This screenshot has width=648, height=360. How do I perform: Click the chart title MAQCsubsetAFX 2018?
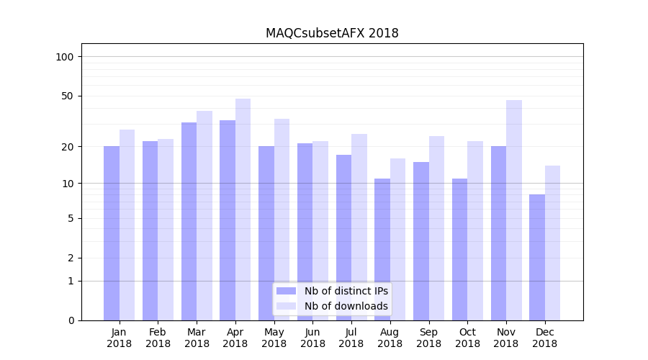click(x=332, y=33)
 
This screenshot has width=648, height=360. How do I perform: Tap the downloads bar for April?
click(x=243, y=209)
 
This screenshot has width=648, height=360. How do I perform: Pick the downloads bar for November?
click(x=513, y=210)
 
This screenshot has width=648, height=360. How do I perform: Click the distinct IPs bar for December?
click(x=537, y=257)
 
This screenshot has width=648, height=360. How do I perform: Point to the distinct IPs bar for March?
click(x=189, y=221)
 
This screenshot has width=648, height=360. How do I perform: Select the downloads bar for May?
click(x=282, y=219)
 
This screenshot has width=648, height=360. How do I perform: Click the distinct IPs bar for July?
click(x=343, y=237)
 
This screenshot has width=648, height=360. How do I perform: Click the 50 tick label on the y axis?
click(x=68, y=96)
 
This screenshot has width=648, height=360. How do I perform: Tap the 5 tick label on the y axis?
click(x=71, y=218)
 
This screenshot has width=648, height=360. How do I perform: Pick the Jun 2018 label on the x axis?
click(x=312, y=338)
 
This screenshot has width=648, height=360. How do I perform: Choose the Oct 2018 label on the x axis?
click(x=467, y=338)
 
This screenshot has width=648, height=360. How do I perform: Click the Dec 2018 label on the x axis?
click(x=544, y=338)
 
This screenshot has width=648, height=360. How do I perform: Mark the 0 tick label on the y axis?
click(x=71, y=320)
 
